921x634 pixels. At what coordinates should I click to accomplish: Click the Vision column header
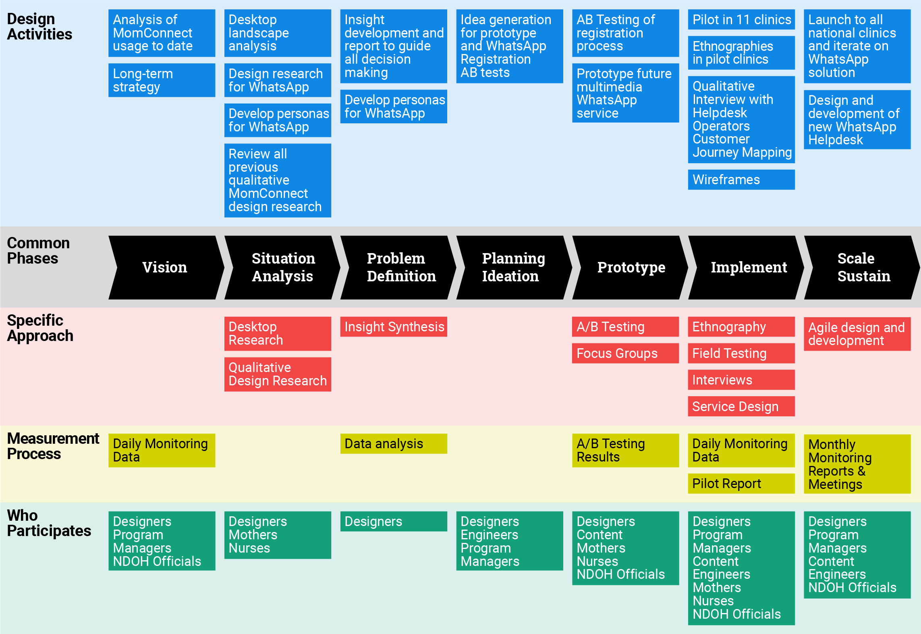[x=164, y=267]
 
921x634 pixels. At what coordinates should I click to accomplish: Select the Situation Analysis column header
[x=283, y=267]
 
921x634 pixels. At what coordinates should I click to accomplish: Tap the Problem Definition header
[x=401, y=267]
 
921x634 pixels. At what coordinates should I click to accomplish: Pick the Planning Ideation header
[x=513, y=267]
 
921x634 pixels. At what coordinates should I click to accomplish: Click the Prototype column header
[x=631, y=267]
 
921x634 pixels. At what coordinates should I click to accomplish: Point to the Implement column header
[x=749, y=267]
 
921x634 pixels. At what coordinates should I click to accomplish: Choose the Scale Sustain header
[x=863, y=267]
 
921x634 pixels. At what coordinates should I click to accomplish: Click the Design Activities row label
[x=39, y=27]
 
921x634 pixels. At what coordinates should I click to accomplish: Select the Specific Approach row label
[x=40, y=328]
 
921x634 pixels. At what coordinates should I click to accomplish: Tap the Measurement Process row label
[x=53, y=446]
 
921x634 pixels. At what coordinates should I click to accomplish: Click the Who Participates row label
[x=49, y=523]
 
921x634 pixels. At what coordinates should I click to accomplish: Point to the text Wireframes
[x=726, y=180]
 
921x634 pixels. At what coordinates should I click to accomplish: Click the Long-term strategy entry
[x=143, y=80]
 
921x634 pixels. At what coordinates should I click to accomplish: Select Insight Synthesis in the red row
[x=394, y=327]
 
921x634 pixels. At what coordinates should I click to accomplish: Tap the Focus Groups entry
[x=617, y=353]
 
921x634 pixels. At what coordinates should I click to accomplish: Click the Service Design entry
[x=735, y=407]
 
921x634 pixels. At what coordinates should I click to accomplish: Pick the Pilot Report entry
[x=726, y=484]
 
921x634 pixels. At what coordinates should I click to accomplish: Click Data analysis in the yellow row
[x=384, y=444]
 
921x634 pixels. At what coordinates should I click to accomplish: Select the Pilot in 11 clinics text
[x=742, y=20]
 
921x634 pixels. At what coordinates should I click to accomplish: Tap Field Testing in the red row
[x=729, y=353]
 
